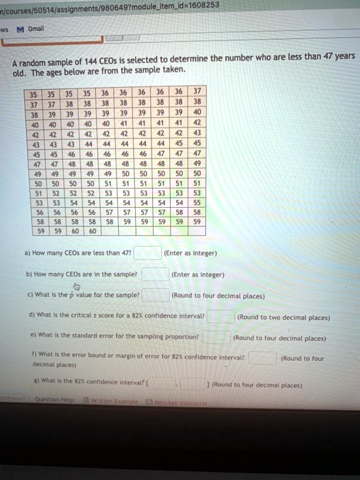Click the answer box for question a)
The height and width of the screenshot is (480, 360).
coord(147,253)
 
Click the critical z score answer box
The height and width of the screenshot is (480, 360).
coord(220,317)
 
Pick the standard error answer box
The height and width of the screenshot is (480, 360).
coord(217,337)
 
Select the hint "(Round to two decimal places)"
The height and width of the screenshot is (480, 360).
coord(283,317)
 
